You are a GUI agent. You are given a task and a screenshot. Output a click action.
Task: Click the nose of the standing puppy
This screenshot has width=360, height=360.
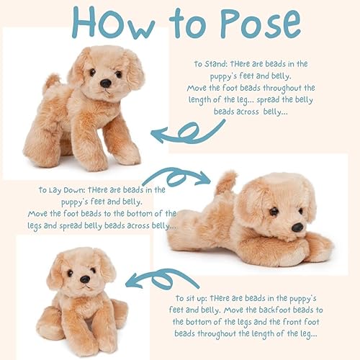click(x=106, y=83)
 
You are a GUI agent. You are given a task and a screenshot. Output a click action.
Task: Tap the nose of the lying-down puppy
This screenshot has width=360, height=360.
click(x=297, y=227)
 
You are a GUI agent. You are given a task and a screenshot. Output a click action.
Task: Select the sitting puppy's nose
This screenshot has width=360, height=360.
click(x=85, y=279)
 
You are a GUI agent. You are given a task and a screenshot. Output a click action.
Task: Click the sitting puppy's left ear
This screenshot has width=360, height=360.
click(x=55, y=273)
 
